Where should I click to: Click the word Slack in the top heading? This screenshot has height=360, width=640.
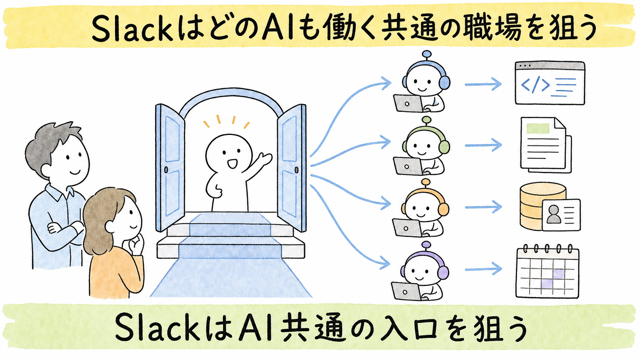click(132, 29)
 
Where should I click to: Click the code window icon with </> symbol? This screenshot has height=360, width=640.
click(550, 83)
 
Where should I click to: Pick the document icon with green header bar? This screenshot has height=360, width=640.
click(545, 145)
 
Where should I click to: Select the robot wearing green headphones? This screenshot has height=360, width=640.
click(422, 146)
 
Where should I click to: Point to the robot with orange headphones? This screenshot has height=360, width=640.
click(422, 208)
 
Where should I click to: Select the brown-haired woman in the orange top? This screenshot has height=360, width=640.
click(114, 243)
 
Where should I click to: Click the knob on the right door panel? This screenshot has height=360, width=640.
click(296, 170)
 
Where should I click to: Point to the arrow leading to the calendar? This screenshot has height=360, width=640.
click(483, 269)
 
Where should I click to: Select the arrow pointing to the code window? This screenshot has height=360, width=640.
click(483, 84)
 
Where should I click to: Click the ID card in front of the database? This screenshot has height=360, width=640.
click(561, 215)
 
